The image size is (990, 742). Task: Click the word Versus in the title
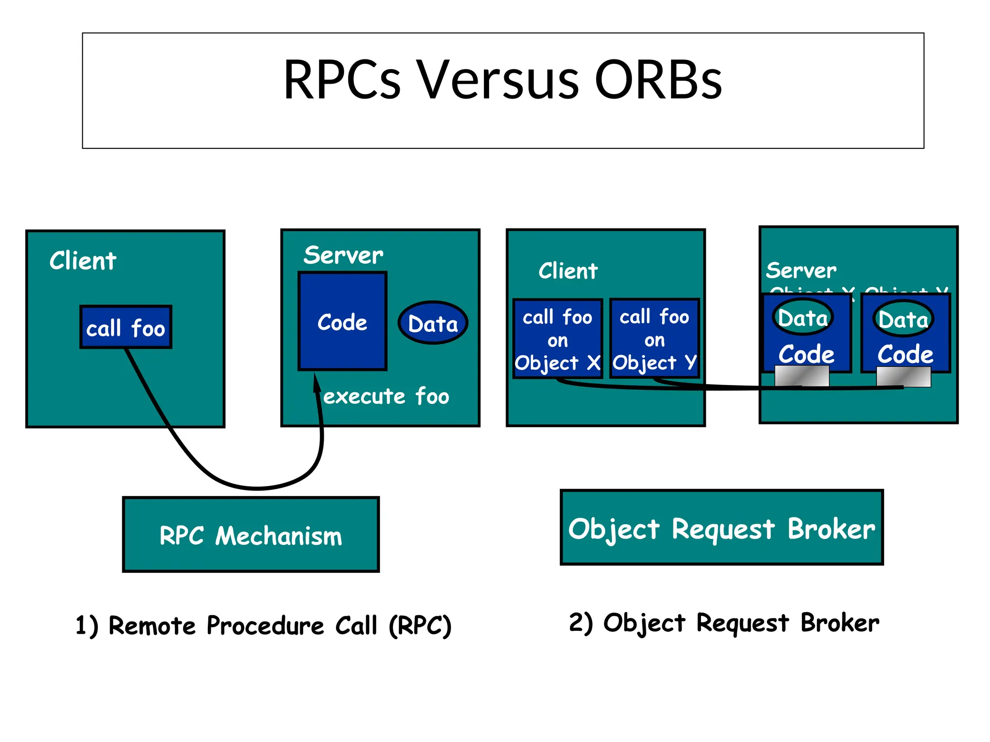(x=497, y=80)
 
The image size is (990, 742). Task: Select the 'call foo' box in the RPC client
(x=126, y=327)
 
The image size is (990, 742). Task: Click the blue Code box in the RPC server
(x=342, y=322)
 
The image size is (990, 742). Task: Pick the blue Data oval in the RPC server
(x=433, y=323)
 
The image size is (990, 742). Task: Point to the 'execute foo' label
(x=386, y=396)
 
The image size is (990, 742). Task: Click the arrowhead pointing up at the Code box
(x=317, y=383)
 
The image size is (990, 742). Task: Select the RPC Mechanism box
(x=251, y=535)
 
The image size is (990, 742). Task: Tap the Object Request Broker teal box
(x=721, y=528)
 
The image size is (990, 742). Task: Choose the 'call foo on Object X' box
(x=557, y=339)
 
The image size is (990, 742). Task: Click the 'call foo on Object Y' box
(x=655, y=339)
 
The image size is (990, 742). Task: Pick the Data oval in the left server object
(x=803, y=318)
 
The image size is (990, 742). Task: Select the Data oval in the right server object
(x=903, y=319)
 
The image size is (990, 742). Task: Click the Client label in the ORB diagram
(x=568, y=271)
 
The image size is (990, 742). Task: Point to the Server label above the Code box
(x=343, y=255)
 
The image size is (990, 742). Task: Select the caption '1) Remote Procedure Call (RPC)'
(x=263, y=625)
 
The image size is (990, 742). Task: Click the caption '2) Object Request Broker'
(x=724, y=622)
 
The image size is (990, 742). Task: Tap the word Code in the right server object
(x=905, y=354)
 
